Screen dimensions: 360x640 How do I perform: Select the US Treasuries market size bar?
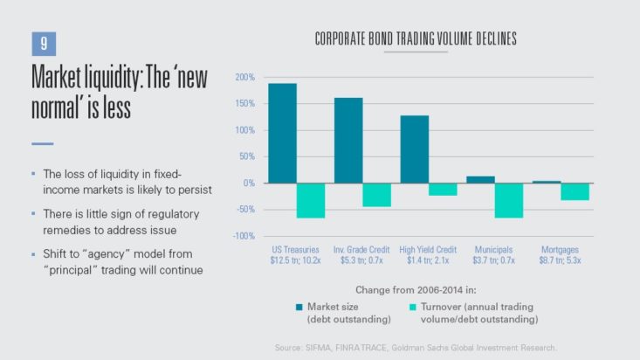pos(282,133)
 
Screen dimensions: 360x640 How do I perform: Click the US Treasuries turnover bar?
pos(310,200)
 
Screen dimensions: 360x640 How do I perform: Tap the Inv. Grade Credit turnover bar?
pos(376,195)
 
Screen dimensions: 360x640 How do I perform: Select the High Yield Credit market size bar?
pos(415,149)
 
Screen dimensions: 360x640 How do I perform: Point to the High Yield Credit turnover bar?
pos(443,189)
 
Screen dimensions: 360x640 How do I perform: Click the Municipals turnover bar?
pos(509,200)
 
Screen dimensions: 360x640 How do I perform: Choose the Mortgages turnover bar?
pos(575,191)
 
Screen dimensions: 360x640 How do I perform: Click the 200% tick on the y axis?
pos(244,79)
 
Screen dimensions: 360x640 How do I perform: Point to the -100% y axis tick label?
pos(243,236)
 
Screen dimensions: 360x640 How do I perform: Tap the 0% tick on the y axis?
pos(248,183)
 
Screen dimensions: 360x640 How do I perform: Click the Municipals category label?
pos(495,249)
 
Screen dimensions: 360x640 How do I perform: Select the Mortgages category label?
pos(561,249)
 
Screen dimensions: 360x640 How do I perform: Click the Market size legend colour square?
pos(299,307)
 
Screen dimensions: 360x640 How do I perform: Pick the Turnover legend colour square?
pos(413,307)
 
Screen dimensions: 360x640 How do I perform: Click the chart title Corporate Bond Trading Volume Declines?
pos(415,39)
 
